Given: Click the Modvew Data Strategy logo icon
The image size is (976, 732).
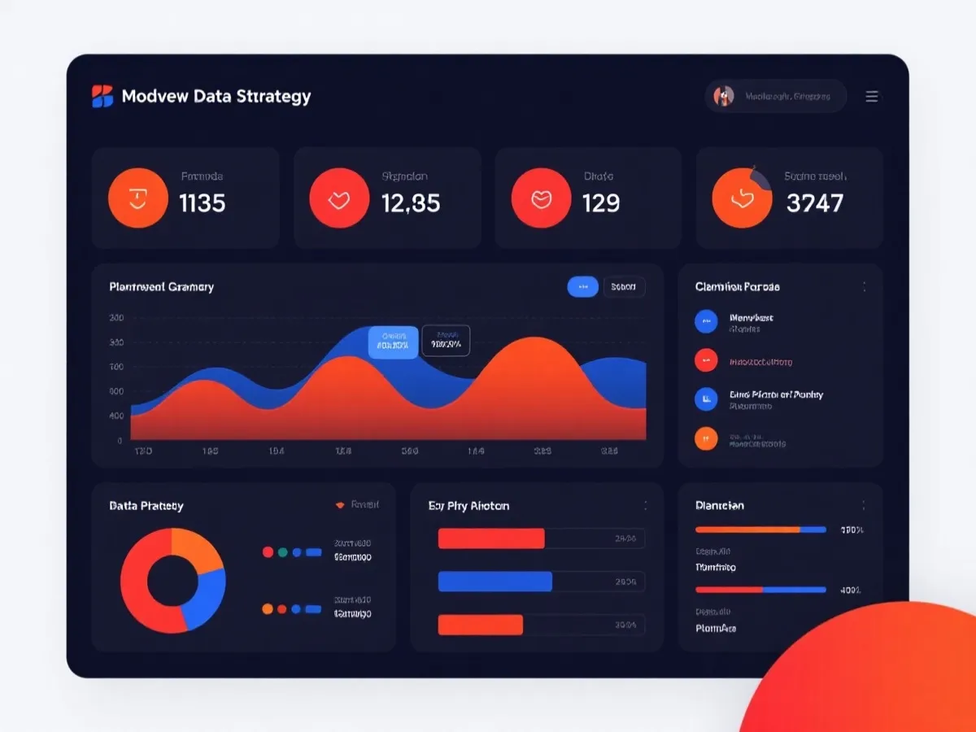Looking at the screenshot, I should [102, 96].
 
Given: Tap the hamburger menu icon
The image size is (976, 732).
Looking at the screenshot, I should [872, 96].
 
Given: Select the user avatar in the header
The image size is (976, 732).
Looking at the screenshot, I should [724, 96].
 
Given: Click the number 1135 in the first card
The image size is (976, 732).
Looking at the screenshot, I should [202, 203].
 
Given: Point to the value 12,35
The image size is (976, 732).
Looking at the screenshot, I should [411, 203].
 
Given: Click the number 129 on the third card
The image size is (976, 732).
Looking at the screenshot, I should [601, 203].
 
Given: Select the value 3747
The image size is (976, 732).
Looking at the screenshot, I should [815, 203].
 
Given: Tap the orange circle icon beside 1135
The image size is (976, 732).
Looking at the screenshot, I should [138, 198].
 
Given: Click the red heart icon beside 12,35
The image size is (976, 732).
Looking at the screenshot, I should [339, 198].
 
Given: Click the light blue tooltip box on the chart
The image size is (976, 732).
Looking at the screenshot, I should [394, 342].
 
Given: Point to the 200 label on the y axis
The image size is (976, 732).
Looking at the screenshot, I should [116, 318].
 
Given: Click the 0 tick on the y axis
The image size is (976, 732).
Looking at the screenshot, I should [120, 440].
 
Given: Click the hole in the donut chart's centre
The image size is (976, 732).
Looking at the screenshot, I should [172, 581].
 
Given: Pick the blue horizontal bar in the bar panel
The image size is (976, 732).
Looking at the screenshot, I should [495, 582].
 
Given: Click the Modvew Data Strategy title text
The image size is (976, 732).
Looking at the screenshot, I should [216, 96].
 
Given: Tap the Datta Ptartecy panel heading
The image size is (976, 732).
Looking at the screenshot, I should [146, 506].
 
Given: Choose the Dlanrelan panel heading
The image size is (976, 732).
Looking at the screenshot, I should [720, 505].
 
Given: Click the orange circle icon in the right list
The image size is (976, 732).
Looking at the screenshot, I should [706, 438].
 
